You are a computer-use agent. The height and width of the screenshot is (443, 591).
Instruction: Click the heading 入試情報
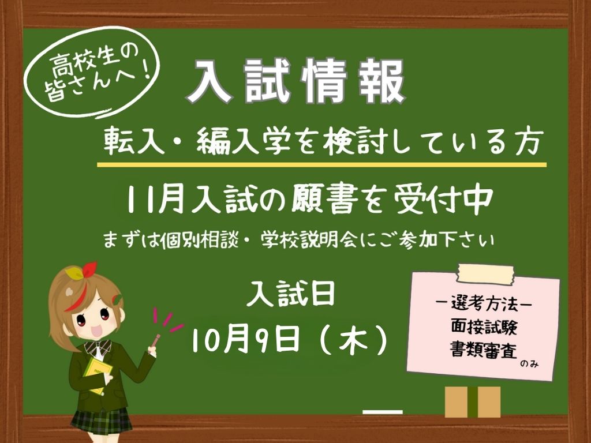pyautogui.click(x=296, y=81)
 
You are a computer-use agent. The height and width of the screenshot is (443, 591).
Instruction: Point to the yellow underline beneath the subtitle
pyautogui.click(x=321, y=164)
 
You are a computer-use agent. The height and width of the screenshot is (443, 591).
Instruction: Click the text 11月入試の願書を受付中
pyautogui.click(x=310, y=200)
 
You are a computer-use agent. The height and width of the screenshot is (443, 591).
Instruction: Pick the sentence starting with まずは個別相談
pyautogui.click(x=298, y=240)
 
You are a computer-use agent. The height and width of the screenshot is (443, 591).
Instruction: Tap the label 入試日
pyautogui.click(x=291, y=294)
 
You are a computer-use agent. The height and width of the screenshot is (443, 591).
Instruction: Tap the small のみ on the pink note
pyautogui.click(x=529, y=364)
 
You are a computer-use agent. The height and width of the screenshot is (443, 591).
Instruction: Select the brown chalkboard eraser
pyautogui.click(x=473, y=401)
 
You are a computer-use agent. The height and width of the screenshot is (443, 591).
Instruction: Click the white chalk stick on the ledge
pyautogui.click(x=383, y=412)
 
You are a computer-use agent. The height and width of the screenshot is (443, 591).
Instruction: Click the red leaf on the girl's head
pyautogui.click(x=89, y=269)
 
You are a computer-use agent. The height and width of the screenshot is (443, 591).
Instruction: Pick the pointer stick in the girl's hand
pyautogui.click(x=155, y=341)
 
